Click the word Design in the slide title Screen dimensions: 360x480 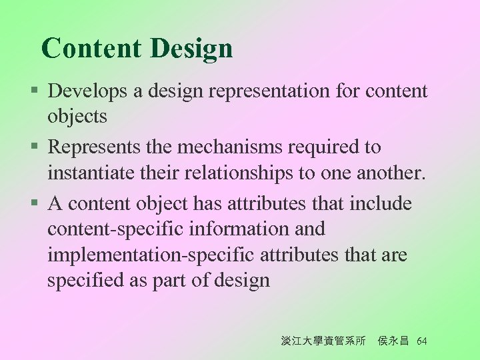tap(191, 49)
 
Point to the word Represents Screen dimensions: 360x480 tap(99, 147)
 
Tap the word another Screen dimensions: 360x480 tap(388, 173)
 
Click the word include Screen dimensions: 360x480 tap(381, 203)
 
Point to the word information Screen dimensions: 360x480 tap(237, 229)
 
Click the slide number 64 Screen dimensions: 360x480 tap(421, 341)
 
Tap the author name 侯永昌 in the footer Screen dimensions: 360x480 tap(393, 341)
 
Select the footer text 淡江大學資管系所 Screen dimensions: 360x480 tap(323, 341)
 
